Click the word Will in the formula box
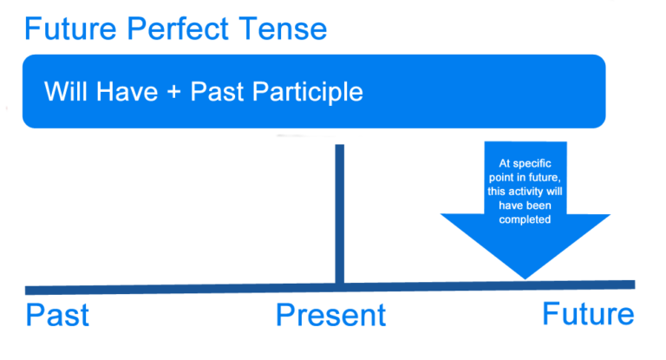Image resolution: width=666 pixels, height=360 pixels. click(x=62, y=91)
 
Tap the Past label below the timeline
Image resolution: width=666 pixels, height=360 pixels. click(x=57, y=315)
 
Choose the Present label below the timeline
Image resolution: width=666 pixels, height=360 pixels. click(x=330, y=315)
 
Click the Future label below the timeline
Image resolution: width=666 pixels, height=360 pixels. click(x=588, y=314)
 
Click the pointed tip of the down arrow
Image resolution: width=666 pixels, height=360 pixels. click(x=525, y=277)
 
